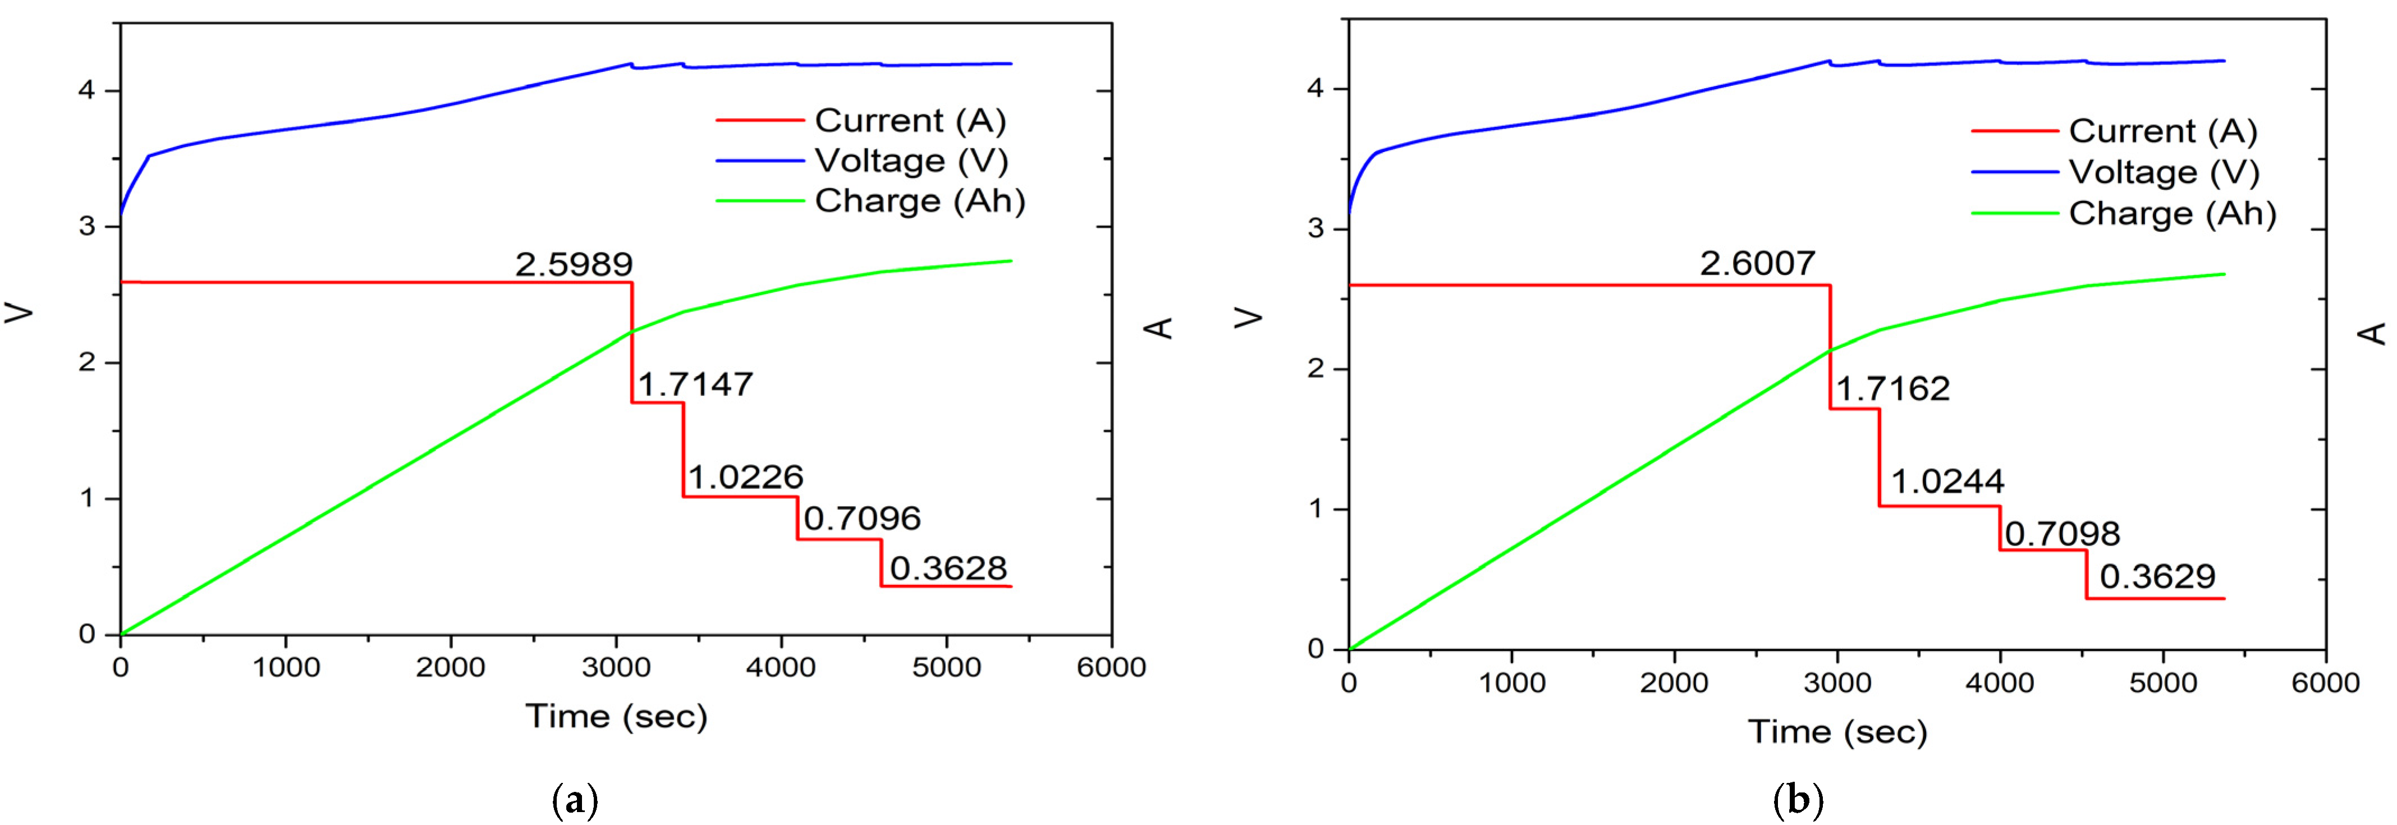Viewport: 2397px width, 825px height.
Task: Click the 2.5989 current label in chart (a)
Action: [x=574, y=265]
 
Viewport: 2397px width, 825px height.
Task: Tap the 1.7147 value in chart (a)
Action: [x=695, y=384]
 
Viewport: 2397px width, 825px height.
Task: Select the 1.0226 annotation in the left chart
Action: [x=745, y=477]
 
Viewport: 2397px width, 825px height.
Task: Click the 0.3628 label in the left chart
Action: [x=948, y=569]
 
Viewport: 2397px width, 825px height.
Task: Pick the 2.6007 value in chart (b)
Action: [x=1757, y=264]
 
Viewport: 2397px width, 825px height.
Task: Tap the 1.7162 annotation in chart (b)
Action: [x=1892, y=389]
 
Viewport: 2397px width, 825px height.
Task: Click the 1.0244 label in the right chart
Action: [x=1947, y=481]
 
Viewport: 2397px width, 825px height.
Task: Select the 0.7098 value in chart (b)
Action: [x=2062, y=534]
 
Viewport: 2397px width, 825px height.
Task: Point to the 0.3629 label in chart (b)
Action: [x=2157, y=577]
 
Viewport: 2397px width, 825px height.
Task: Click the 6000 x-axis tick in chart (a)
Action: [x=1111, y=667]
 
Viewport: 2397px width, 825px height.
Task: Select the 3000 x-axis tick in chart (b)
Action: [x=1837, y=682]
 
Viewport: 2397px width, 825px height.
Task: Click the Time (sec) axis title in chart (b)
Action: [x=1837, y=732]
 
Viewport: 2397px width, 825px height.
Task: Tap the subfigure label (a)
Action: [x=575, y=800]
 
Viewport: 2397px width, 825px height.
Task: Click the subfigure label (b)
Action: [x=1798, y=800]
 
